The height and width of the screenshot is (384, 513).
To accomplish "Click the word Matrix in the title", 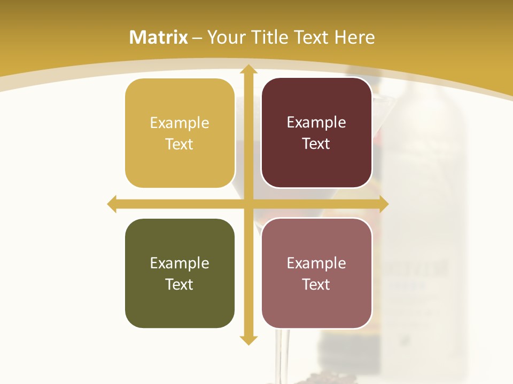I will tap(159, 37).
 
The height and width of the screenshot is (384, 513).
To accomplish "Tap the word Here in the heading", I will tap(354, 37).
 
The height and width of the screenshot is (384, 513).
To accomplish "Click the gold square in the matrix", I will tap(180, 133).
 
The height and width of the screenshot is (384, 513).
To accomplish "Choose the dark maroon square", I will tap(316, 133).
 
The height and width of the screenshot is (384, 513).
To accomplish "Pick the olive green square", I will tap(180, 273).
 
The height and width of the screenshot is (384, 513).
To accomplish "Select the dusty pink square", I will tap(316, 273).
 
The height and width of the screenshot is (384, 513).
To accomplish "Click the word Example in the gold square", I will tap(180, 123).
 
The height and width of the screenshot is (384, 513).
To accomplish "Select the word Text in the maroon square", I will tap(316, 143).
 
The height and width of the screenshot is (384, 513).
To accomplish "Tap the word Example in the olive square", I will tap(180, 263).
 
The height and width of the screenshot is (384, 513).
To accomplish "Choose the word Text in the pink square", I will tap(316, 284).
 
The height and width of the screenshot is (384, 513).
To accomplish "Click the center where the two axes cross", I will tap(248, 204).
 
